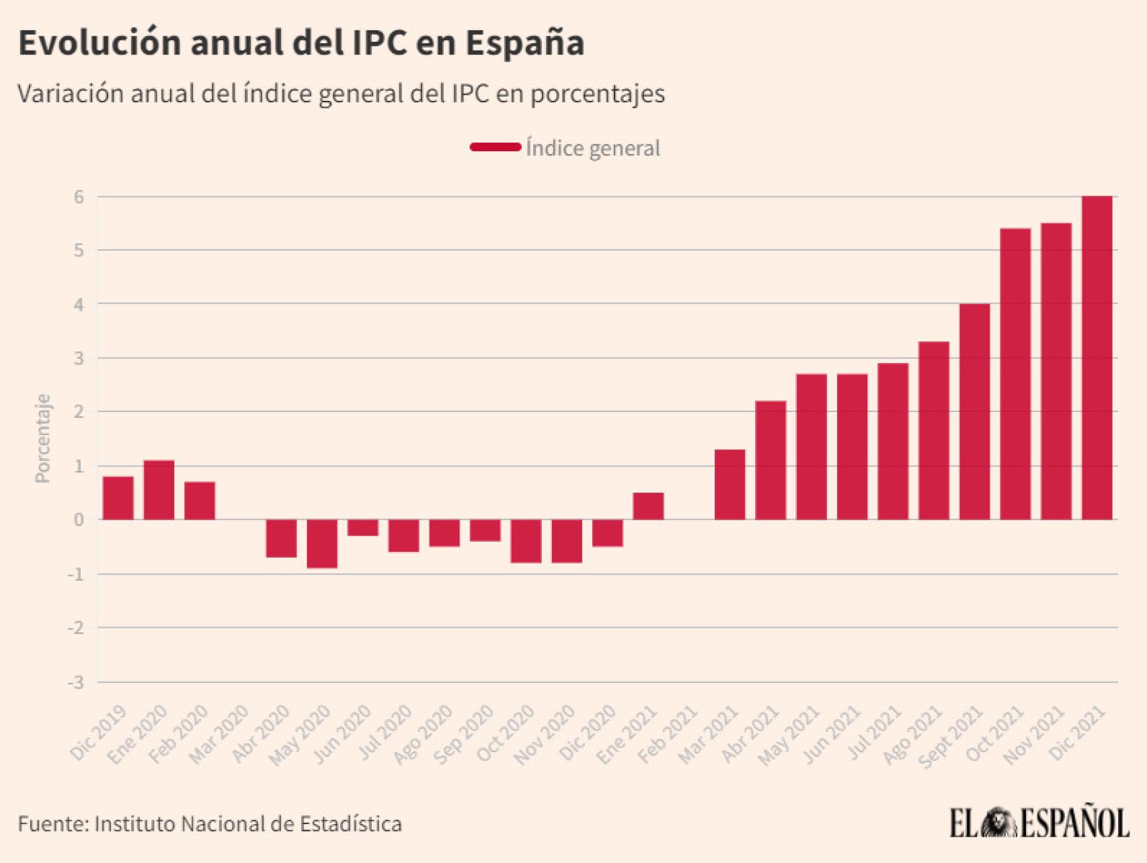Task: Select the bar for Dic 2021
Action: coord(1097,358)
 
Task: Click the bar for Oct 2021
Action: coord(1015,374)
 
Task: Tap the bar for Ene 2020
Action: coord(159,490)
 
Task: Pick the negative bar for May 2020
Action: coord(322,544)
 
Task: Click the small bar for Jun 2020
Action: coord(363,528)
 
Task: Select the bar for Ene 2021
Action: coord(648,506)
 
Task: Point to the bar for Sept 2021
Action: coord(974,411)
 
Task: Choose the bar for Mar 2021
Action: coord(729,485)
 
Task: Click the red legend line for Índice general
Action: coord(496,147)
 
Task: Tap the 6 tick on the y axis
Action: coord(79,197)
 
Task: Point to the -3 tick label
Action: coord(76,682)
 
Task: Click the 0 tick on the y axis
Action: coord(79,520)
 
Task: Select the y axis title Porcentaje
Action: coord(43,438)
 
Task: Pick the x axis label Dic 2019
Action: coord(98,734)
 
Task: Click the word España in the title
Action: coord(524,43)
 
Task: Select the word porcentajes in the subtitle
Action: coord(598,94)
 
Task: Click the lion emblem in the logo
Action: coord(998,823)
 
